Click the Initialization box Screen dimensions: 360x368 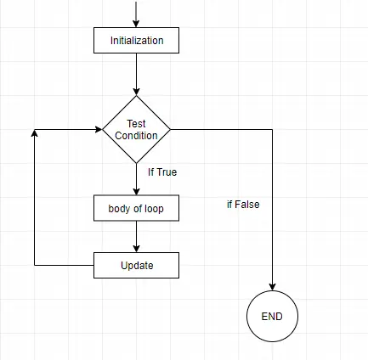click(136, 39)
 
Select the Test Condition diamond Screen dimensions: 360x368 click(136, 130)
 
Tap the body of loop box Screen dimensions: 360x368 click(136, 208)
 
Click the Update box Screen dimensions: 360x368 click(136, 266)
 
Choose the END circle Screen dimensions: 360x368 click(272, 317)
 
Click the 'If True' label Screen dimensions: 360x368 click(161, 172)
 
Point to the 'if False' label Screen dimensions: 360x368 click(243, 205)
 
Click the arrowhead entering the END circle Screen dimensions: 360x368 click(272, 287)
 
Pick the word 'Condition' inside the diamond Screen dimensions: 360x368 click(136, 136)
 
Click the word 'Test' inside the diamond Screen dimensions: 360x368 click(136, 124)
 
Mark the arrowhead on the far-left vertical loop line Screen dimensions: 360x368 click(34, 134)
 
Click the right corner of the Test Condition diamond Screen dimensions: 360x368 click(170, 130)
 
